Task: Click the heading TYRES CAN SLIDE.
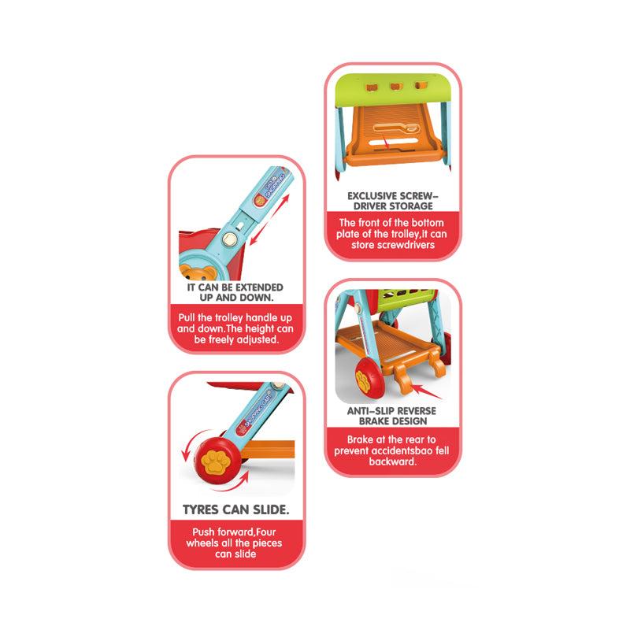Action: [x=235, y=510]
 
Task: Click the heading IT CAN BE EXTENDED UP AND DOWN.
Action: [x=235, y=292]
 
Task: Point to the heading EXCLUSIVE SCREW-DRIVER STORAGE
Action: [x=393, y=200]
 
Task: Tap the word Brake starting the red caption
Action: [x=362, y=439]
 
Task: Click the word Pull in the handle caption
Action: [x=187, y=317]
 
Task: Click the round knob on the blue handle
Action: [x=229, y=239]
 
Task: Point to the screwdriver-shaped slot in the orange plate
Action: [x=391, y=129]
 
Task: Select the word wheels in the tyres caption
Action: [x=202, y=543]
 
